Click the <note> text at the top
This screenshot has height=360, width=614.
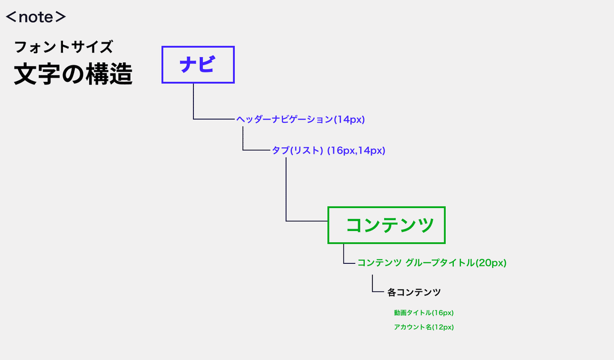36,17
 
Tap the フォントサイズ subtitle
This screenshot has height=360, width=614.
63,47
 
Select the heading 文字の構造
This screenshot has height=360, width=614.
73,74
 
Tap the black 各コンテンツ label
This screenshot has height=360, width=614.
414,292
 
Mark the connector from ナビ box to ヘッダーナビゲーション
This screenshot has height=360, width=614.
193,119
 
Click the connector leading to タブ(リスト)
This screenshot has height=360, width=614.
243,150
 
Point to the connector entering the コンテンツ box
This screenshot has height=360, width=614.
286,220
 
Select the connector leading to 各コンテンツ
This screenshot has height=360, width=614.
372,291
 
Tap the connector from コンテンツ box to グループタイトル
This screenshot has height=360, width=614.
344,263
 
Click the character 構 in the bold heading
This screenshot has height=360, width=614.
97,74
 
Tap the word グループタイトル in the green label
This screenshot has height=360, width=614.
440,263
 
